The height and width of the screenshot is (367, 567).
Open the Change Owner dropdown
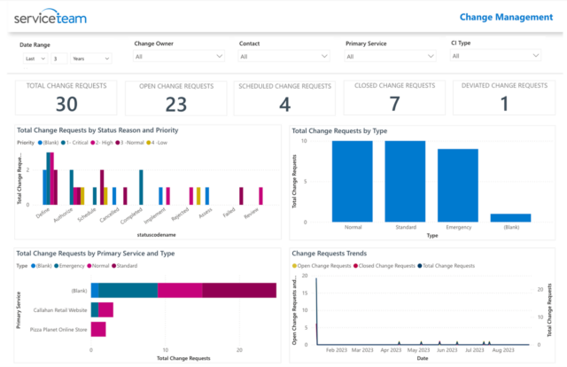[179, 56]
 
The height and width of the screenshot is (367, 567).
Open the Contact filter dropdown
[284, 56]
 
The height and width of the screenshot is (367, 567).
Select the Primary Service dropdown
[390, 56]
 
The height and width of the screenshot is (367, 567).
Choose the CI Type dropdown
[495, 55]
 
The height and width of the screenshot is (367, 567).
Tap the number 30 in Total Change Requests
[66, 104]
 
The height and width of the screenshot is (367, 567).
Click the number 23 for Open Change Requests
[175, 104]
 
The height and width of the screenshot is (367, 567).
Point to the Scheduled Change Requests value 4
[284, 104]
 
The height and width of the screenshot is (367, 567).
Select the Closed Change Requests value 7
[394, 104]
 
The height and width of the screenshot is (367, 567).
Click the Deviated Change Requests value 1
[503, 104]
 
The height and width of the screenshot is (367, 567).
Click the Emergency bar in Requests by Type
[458, 184]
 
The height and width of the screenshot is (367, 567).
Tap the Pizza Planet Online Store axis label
[54, 330]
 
